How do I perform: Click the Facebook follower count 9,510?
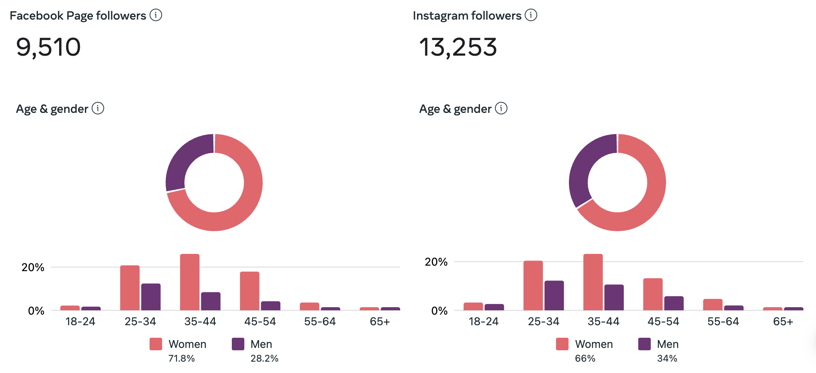[x=48, y=47]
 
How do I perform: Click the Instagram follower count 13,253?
[x=458, y=47]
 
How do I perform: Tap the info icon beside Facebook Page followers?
[x=156, y=15]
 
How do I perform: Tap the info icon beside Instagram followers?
[x=531, y=15]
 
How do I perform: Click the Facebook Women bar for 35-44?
[x=190, y=282]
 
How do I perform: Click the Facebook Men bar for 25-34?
[x=151, y=297]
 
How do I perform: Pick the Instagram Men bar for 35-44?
[x=614, y=297]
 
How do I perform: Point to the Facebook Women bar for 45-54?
[x=249, y=291]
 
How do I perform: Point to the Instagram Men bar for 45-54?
[x=674, y=303]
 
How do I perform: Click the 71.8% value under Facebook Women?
[x=181, y=358]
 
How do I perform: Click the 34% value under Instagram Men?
[x=667, y=358]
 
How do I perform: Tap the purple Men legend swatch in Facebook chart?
[x=238, y=344]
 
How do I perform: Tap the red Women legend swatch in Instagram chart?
[x=562, y=344]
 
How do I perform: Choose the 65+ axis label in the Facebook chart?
[x=380, y=322]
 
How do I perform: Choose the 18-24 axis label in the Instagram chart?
[x=484, y=322]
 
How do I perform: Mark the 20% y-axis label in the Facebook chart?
[x=33, y=268]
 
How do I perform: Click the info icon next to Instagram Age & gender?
[x=501, y=108]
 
